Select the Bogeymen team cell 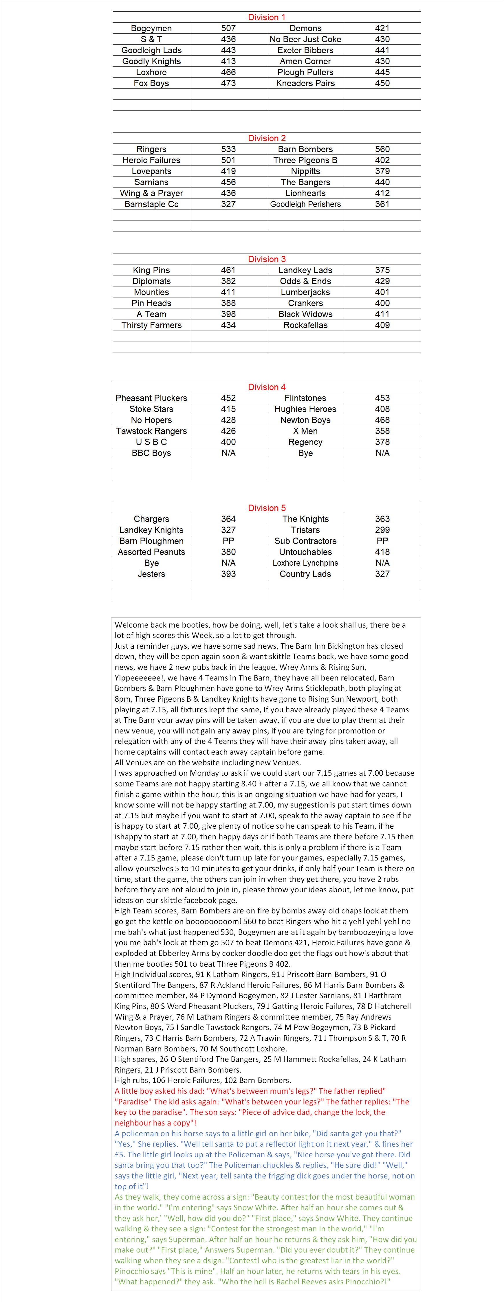point(151,28)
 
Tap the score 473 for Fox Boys point(228,83)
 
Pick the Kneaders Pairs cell point(305,83)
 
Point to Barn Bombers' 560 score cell point(382,149)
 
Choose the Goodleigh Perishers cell point(305,204)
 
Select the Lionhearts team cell point(305,193)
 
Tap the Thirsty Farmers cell point(151,325)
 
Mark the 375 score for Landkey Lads point(382,271)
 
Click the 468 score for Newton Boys point(382,420)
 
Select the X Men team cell point(305,431)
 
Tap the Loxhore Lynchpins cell point(305,563)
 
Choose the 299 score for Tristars point(382,530)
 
